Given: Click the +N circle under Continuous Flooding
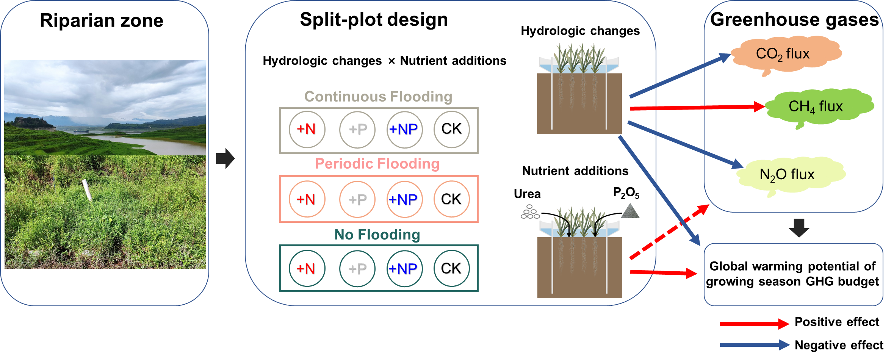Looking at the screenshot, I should (307, 130).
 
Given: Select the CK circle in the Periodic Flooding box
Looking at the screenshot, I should (451, 199).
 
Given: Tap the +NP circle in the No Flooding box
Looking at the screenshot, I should (404, 269).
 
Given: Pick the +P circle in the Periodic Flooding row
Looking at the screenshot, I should (357, 199).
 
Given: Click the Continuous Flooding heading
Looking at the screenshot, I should (378, 97).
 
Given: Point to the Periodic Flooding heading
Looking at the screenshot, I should (377, 164).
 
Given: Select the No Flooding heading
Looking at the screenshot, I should (377, 235).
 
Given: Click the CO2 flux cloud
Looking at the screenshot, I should (784, 54).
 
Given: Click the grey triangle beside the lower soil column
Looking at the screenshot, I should (630, 211).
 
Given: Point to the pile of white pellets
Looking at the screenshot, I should (529, 212).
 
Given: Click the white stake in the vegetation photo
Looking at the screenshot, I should (87, 190).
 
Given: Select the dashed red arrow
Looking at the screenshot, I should (669, 232).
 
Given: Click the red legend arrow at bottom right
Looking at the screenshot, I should (754, 324).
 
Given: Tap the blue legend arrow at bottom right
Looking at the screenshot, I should (754, 345).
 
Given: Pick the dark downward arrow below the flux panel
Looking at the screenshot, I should (799, 228).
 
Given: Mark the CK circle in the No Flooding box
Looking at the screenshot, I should (451, 269).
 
